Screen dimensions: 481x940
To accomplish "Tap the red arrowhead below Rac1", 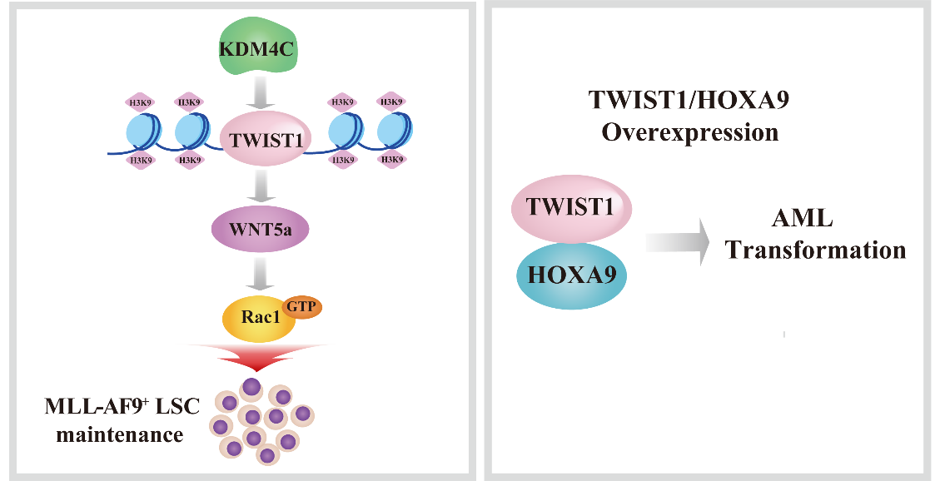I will coord(259,357).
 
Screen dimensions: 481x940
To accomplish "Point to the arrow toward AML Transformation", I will coord(677,241).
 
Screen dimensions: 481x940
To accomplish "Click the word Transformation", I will coord(816,250).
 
